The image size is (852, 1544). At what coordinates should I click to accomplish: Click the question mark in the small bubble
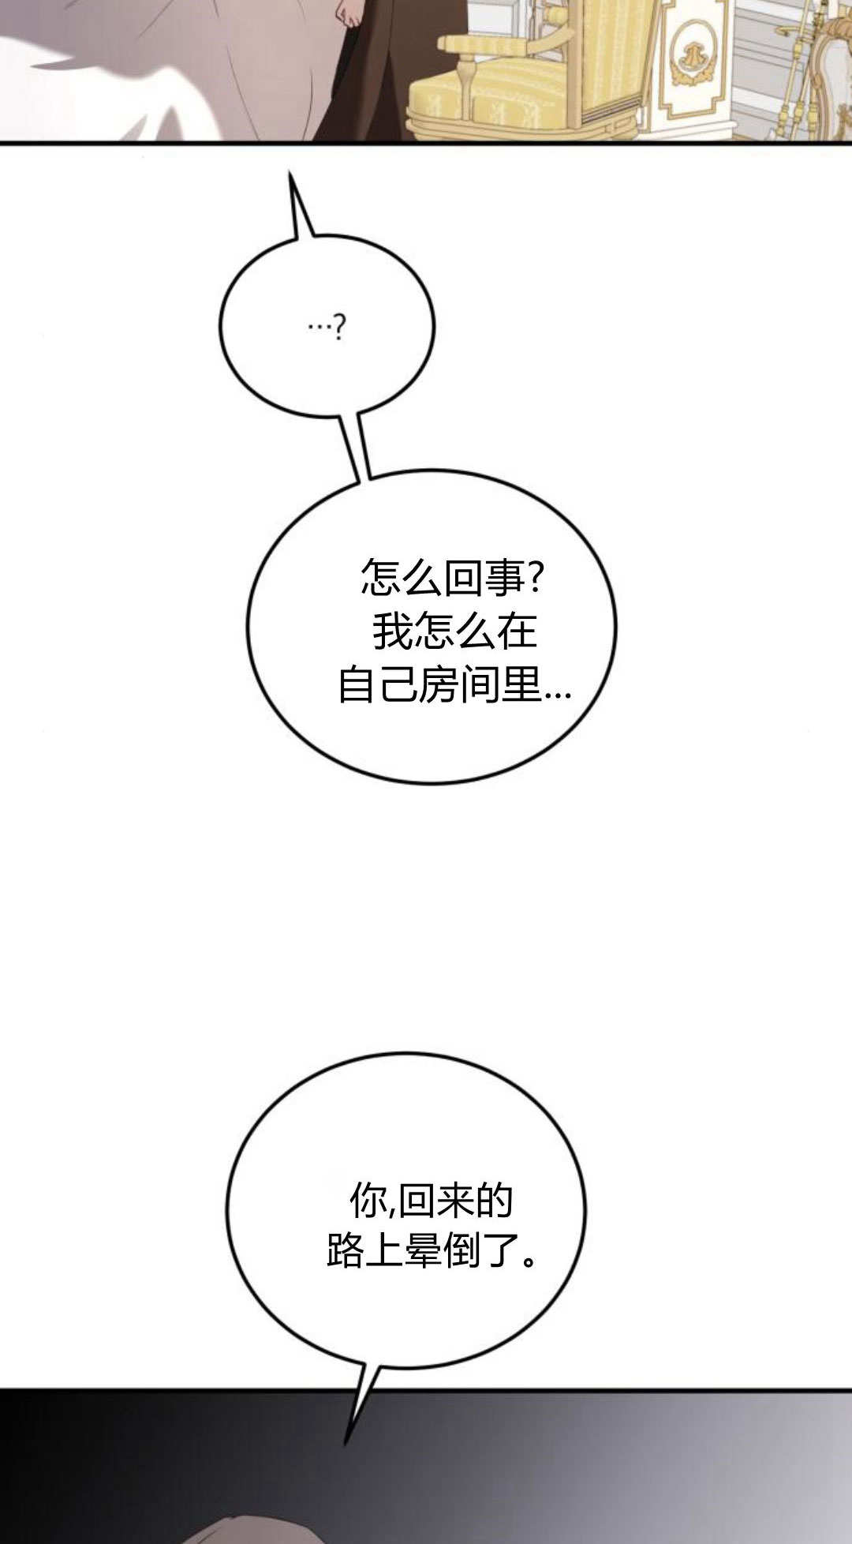[x=339, y=327]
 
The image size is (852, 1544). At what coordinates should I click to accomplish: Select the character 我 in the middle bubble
[x=392, y=631]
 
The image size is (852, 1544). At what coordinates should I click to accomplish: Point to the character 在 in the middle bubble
[x=517, y=631]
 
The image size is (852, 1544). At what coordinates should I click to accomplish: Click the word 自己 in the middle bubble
[x=377, y=684]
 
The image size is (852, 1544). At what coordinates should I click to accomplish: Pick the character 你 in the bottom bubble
[x=368, y=1202]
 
